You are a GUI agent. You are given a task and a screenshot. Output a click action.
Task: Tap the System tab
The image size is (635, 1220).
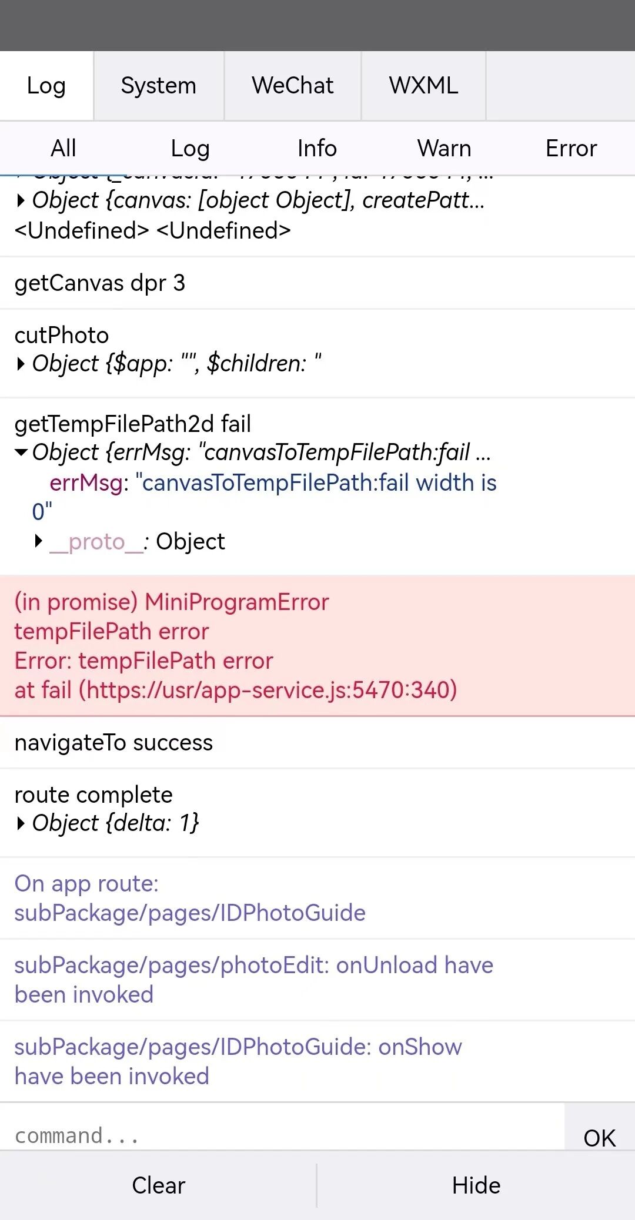tap(158, 86)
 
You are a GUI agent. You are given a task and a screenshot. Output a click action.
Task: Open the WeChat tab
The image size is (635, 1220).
tap(292, 86)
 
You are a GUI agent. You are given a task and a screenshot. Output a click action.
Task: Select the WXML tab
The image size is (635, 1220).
tap(423, 86)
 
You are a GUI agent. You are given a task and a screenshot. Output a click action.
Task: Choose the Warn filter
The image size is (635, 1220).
tap(444, 149)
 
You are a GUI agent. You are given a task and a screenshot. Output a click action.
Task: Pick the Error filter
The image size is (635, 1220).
tap(571, 149)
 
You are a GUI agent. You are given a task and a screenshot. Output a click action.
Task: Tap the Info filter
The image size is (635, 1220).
tap(317, 149)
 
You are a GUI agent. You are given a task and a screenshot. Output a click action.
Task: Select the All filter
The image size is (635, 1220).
tap(63, 149)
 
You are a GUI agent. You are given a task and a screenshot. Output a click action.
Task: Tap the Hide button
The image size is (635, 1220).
tap(476, 1185)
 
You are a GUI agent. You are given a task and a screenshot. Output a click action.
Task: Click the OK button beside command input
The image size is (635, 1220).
tap(599, 1138)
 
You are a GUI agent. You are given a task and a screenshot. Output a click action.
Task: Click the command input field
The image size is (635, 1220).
tap(282, 1135)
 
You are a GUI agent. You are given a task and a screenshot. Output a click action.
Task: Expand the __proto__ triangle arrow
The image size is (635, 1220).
tap(39, 541)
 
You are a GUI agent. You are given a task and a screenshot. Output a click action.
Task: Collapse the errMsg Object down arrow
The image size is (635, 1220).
tap(21, 453)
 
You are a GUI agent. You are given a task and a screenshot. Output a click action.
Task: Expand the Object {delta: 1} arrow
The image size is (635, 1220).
tap(21, 823)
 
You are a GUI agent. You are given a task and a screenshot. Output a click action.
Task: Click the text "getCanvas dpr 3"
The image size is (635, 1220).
tap(100, 283)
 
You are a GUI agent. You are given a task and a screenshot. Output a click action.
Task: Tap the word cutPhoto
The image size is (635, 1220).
tap(62, 336)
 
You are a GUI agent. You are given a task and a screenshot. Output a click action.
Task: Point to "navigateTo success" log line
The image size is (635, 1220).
tap(113, 743)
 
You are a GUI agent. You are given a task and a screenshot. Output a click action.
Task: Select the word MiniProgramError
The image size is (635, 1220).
tap(237, 602)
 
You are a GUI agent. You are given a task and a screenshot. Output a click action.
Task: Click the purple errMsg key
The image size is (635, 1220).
tap(86, 483)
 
